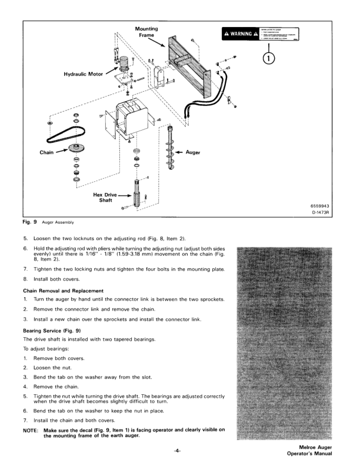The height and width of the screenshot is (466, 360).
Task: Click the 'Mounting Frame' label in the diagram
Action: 147,32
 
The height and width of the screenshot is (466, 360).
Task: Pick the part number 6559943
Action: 319,205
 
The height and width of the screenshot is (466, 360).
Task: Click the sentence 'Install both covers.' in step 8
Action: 61,279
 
